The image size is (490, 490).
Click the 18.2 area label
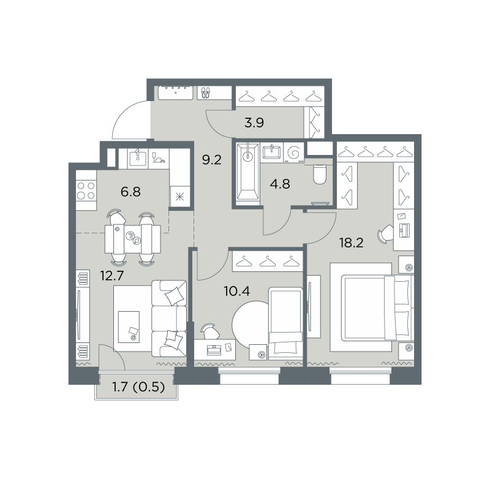(x=352, y=243)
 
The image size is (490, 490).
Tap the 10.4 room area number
(x=237, y=292)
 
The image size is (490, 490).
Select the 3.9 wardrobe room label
(x=254, y=123)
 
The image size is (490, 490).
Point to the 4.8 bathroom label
(x=280, y=184)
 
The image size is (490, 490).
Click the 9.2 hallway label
(x=211, y=160)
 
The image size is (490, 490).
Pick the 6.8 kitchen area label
(x=130, y=192)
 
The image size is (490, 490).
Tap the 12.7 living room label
(x=112, y=276)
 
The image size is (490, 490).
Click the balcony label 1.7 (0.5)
(x=138, y=388)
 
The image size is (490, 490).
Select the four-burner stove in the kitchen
(x=86, y=190)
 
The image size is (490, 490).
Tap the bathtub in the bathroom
(x=248, y=171)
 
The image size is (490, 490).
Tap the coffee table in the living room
(x=129, y=326)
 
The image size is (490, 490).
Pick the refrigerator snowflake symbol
(x=179, y=197)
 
